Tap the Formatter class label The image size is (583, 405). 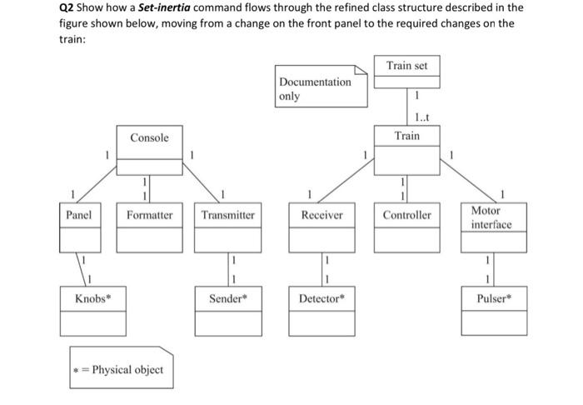pyautogui.click(x=149, y=215)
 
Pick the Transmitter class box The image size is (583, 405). pyautogui.click(x=227, y=226)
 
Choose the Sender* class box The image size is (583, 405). pyautogui.click(x=227, y=310)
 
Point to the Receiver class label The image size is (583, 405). pyautogui.click(x=321, y=215)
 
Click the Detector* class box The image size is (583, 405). pyautogui.click(x=321, y=310)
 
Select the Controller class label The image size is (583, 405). pyautogui.click(x=406, y=215)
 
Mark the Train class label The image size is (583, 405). pyautogui.click(x=406, y=136)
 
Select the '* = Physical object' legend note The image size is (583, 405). pyautogui.click(x=121, y=368)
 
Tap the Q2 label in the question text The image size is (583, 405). pyautogui.click(x=67, y=7)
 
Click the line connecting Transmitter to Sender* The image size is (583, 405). pyautogui.click(x=227, y=268)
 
